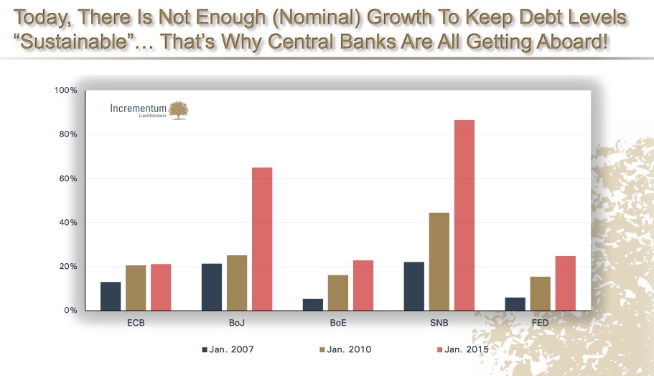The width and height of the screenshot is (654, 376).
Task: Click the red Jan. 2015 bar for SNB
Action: point(464,215)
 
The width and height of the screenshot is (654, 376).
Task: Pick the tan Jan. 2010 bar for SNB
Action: point(439,262)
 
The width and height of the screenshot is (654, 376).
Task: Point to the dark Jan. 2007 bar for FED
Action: point(515,304)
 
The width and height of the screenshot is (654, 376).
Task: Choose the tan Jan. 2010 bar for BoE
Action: point(338,293)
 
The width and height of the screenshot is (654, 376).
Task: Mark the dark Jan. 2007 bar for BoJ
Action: point(212,287)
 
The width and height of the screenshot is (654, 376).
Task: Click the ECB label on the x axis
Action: point(136,323)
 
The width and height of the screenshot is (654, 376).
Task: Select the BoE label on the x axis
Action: point(338,323)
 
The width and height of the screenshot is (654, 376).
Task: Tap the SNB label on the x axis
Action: point(439,323)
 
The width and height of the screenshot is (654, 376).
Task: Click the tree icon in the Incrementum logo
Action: point(178,109)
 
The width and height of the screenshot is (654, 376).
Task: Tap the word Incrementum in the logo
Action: point(138,109)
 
